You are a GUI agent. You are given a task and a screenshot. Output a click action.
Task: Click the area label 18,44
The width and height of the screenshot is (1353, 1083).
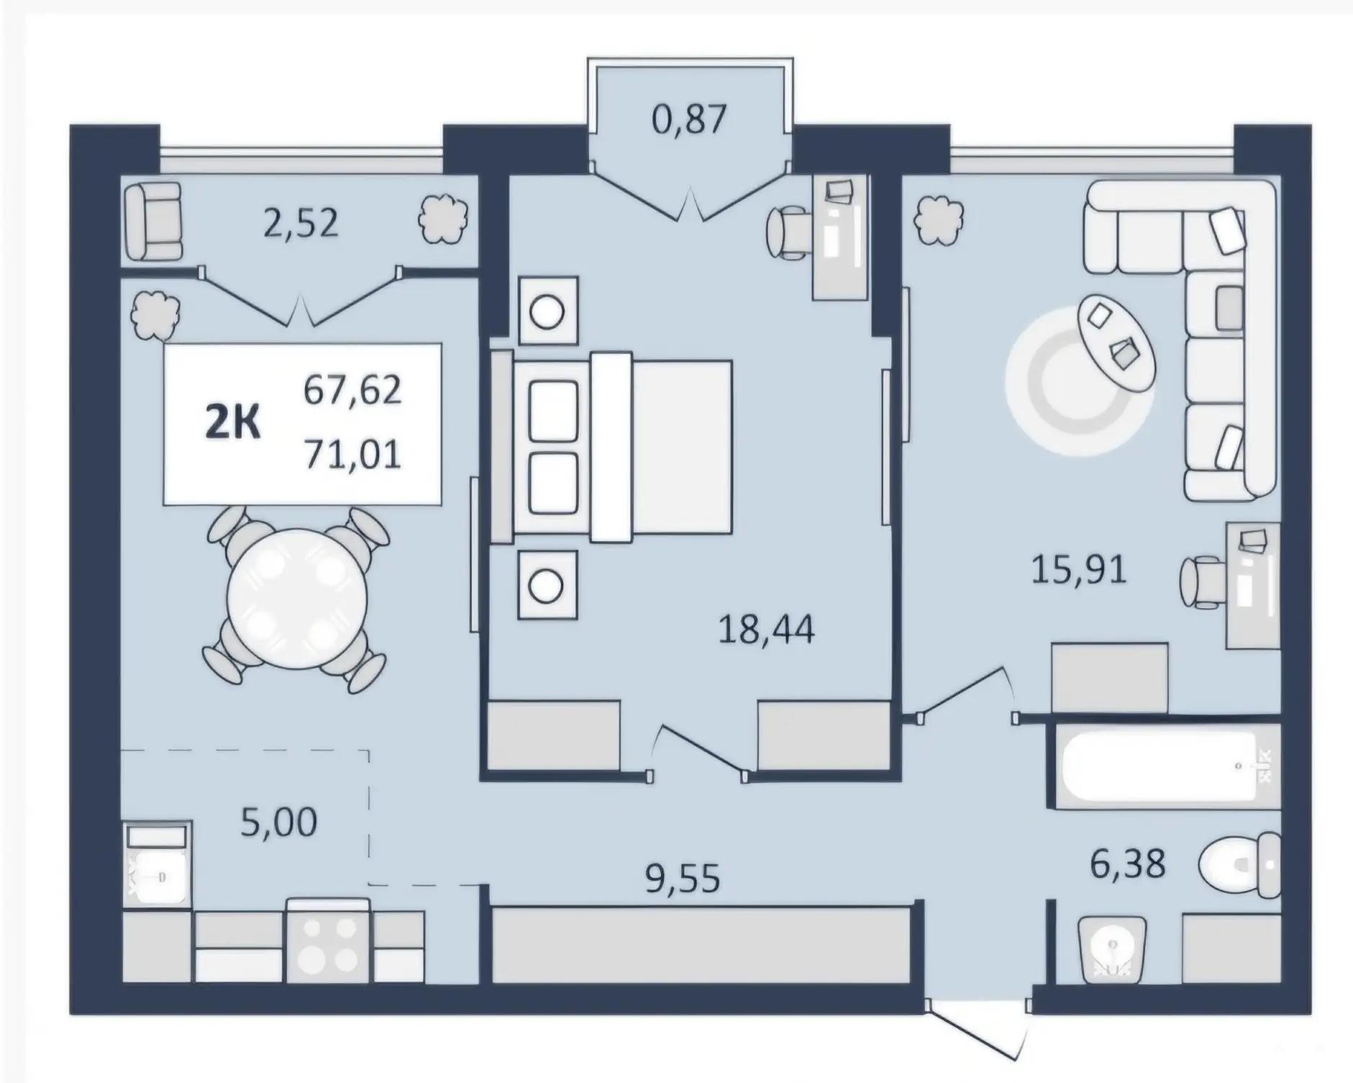[767, 630]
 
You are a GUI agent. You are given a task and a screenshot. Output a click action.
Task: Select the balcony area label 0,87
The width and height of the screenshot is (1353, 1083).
[688, 119]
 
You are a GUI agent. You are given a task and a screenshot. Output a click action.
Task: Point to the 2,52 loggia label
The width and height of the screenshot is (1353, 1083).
[301, 223]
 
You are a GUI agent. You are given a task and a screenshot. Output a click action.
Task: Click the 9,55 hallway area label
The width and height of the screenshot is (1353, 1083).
[683, 879]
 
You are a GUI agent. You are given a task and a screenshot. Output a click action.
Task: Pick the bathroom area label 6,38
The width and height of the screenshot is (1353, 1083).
[1128, 863]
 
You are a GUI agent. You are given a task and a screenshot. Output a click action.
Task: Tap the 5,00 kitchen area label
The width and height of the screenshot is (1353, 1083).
[278, 823]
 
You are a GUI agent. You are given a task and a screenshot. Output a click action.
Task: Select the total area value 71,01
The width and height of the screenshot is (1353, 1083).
[352, 455]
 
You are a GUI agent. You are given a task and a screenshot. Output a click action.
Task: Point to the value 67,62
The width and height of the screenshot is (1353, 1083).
[352, 391]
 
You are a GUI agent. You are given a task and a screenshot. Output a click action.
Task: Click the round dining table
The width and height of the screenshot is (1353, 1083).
[297, 599]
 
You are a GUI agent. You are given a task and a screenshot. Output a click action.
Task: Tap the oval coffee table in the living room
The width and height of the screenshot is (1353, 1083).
[1116, 344]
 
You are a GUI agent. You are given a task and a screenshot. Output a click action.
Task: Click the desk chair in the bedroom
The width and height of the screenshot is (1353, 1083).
[789, 232]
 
